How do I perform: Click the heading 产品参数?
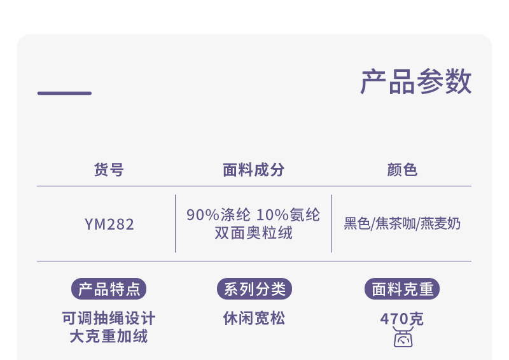[416, 82]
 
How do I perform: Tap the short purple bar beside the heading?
[64, 93]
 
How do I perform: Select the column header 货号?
[109, 170]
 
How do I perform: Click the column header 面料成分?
[254, 170]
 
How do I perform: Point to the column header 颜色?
[402, 170]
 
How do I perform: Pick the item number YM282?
[109, 224]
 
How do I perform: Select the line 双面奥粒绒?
[254, 233]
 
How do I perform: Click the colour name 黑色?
[357, 224]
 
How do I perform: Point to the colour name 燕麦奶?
[440, 224]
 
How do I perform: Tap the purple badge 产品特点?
[109, 289]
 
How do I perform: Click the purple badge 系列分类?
[254, 289]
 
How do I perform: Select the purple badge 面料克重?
[402, 289]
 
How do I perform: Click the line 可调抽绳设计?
[109, 318]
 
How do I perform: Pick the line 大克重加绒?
[109, 336]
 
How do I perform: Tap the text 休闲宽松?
[254, 318]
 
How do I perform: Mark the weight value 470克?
[402, 319]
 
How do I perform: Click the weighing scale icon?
[402, 338]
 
